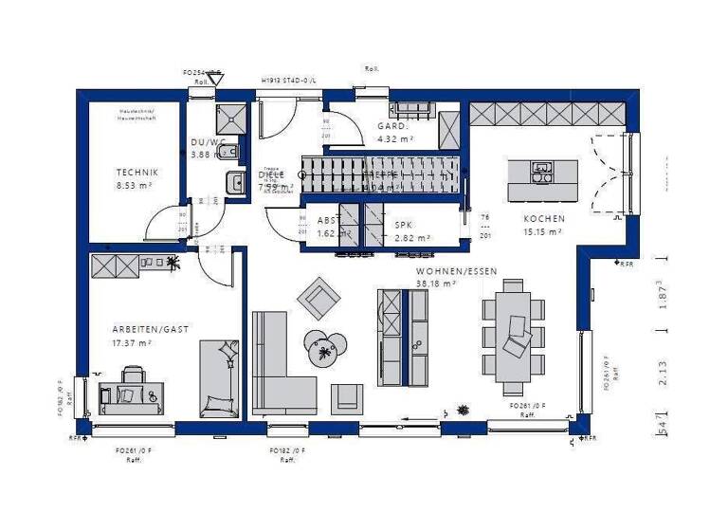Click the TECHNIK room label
(x=136, y=172)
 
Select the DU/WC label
(x=207, y=142)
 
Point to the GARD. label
(x=391, y=125)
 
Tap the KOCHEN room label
(x=543, y=217)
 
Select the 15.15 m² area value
(x=543, y=230)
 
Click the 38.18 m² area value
(x=437, y=283)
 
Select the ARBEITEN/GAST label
(x=149, y=329)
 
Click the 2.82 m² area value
(x=412, y=238)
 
